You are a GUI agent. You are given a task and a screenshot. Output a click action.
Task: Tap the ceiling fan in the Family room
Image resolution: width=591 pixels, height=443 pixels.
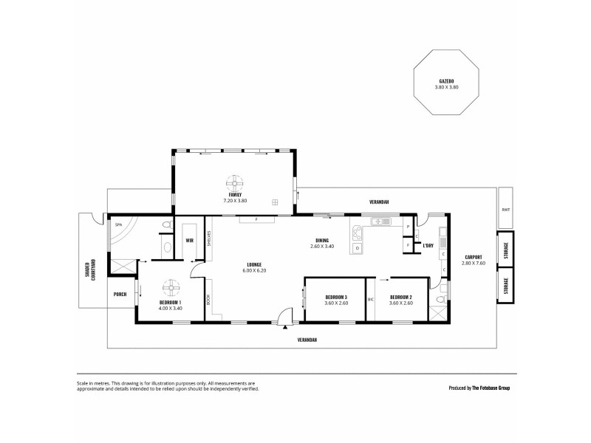235,182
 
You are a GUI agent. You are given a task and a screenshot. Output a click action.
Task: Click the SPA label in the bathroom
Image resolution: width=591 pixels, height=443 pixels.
117,224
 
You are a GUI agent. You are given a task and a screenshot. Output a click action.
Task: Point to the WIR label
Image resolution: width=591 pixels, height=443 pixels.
189,240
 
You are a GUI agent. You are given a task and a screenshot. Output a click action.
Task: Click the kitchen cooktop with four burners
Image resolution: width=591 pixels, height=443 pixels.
357,233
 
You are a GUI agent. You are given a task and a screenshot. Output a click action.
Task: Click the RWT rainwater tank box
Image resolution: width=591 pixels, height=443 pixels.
505,209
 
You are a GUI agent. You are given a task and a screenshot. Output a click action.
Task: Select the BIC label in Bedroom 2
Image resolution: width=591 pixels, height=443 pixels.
372,299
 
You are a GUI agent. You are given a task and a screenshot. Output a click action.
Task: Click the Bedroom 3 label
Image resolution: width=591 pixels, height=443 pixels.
335,297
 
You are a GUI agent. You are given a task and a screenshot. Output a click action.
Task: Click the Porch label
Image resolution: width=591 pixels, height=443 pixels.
120,294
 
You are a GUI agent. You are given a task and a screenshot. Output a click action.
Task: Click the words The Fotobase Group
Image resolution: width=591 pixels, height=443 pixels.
491,387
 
